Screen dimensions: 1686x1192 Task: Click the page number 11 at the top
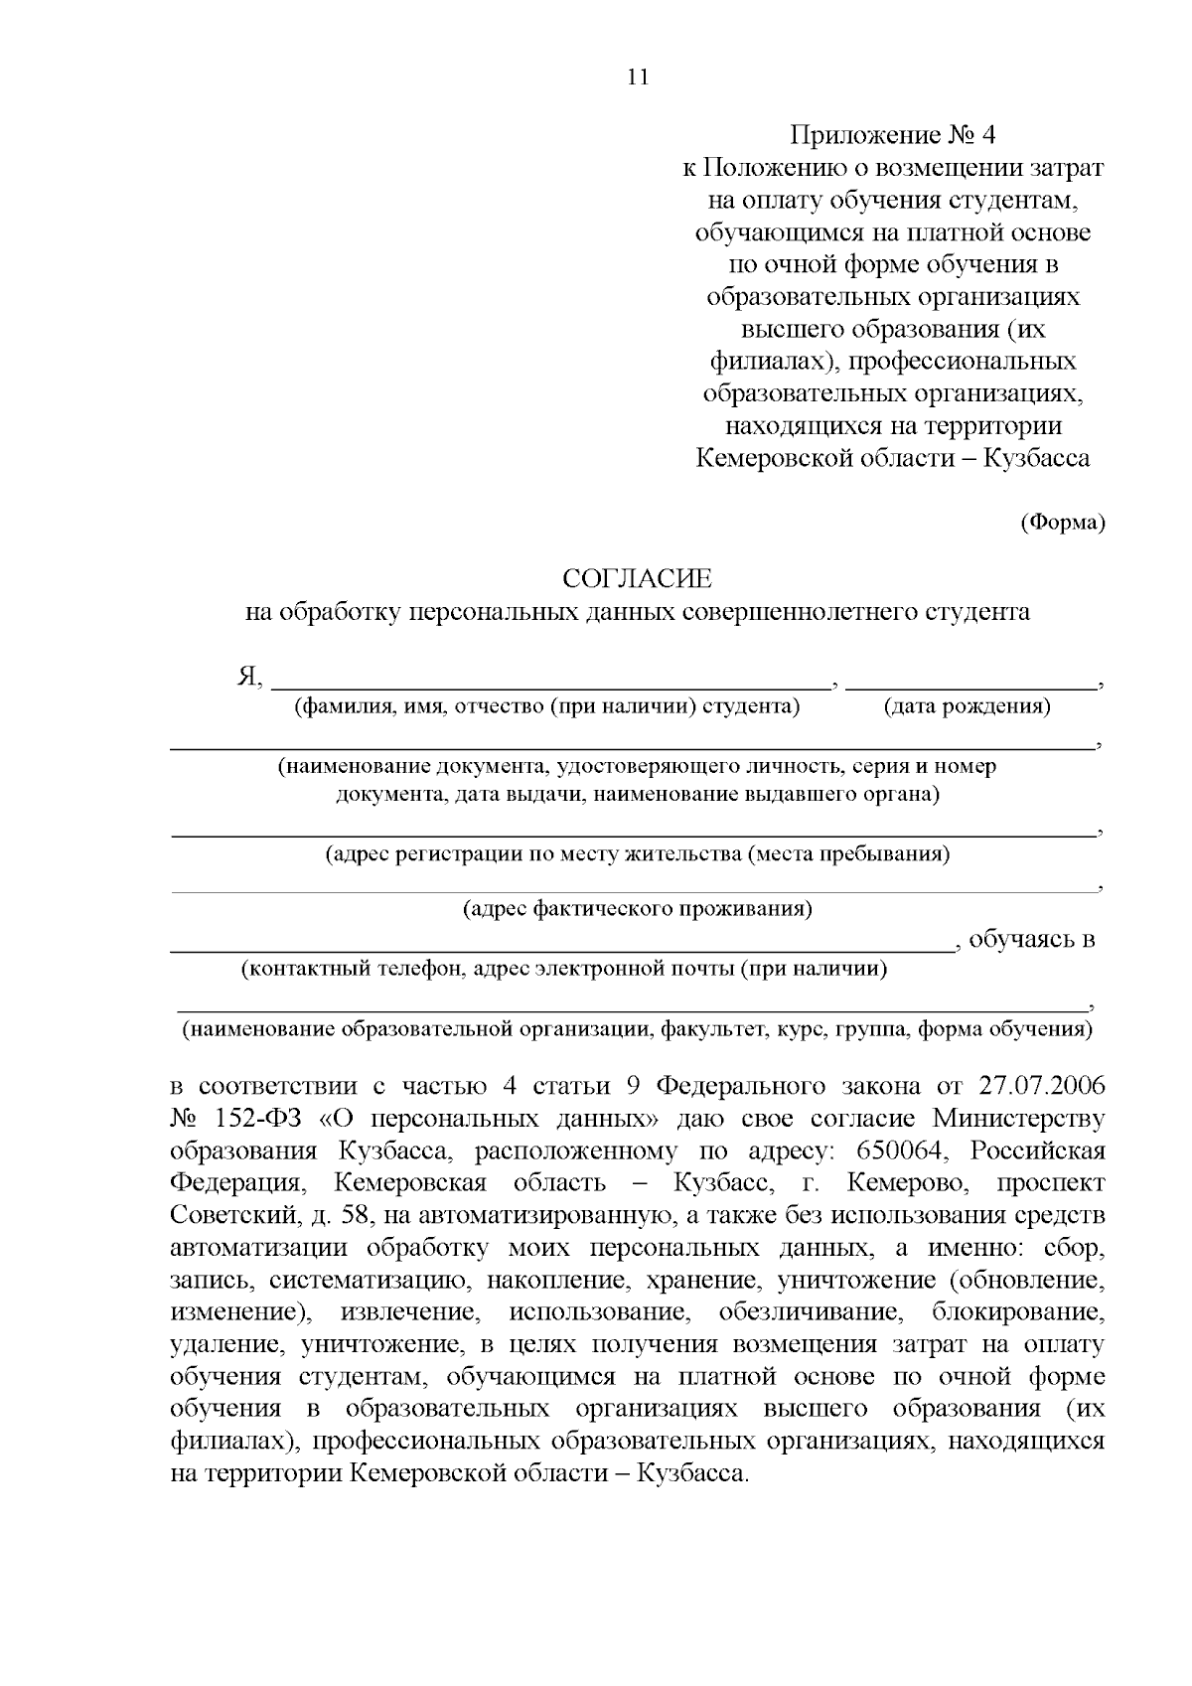(638, 77)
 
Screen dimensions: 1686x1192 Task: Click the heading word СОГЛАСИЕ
(637, 578)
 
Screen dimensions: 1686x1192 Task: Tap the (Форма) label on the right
(1063, 522)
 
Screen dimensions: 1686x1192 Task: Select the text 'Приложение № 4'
(891, 135)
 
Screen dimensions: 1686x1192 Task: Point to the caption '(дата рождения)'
(967, 706)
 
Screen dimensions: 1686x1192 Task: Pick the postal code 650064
(901, 1151)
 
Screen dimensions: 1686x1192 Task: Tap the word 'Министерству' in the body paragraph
(1017, 1119)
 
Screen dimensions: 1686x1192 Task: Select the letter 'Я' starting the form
(246, 678)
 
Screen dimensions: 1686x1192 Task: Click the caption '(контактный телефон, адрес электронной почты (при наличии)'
(563, 969)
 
